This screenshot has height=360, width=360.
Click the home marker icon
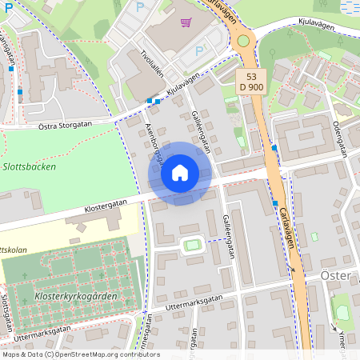180,172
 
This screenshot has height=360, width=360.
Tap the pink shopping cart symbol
186,22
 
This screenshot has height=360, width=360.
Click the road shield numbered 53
250,76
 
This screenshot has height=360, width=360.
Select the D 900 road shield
250,87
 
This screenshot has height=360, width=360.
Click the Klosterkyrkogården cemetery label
76,296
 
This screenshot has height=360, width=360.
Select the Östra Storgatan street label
65,125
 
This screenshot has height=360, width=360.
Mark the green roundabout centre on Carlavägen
243,40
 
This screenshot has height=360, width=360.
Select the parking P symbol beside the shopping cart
142,7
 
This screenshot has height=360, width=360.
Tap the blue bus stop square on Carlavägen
274,147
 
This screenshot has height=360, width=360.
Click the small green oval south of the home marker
191,245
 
